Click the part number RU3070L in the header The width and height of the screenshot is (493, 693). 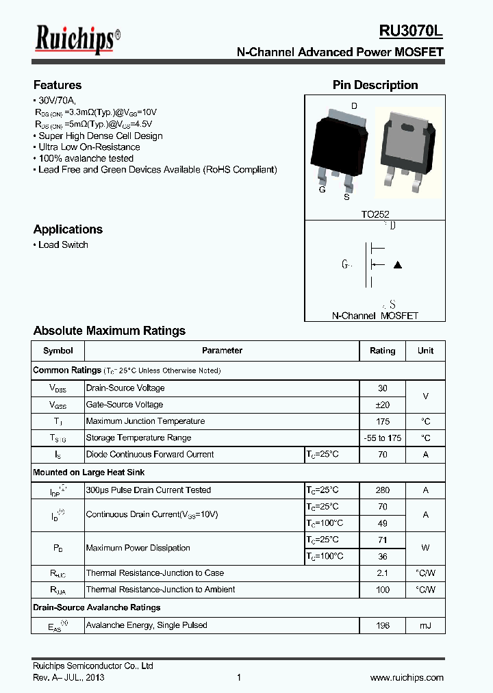411,32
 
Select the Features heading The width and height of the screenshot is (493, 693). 58,85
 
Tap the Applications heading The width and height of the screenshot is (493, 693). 68,229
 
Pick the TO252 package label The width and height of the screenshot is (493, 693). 375,214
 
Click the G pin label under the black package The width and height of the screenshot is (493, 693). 322,190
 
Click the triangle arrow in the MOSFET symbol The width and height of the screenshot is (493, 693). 398,265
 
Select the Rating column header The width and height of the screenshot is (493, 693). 382,351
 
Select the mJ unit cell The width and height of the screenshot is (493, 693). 425,625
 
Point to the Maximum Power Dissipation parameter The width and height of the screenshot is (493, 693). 138,548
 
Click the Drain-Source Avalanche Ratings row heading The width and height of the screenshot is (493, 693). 97,607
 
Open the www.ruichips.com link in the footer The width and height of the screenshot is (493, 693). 407,677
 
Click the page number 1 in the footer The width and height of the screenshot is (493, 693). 239,677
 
